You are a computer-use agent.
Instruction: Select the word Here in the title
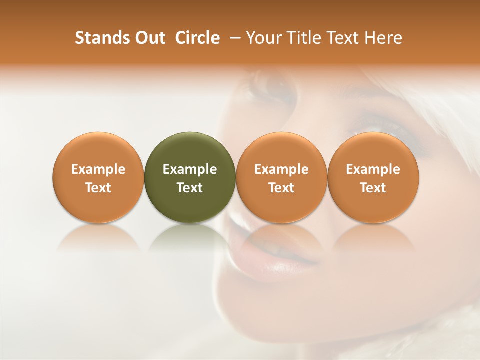coord(383,38)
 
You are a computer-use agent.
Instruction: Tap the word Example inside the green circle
coord(190,169)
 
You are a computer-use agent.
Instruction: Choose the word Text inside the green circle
coord(190,188)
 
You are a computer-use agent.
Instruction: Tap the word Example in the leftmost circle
coord(98,169)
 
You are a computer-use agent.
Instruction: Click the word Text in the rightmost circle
coord(373,188)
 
